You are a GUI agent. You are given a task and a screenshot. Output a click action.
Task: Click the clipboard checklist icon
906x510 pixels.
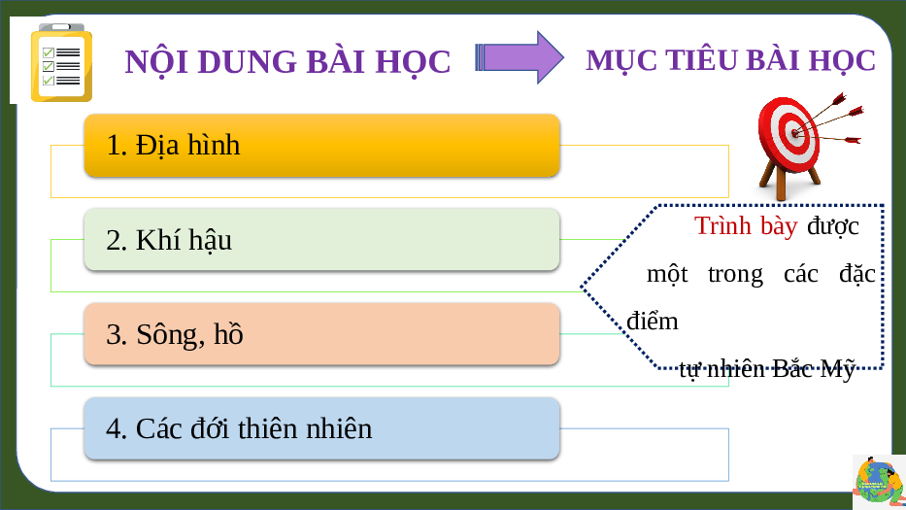[61, 62]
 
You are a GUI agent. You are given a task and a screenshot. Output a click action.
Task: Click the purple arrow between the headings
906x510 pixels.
[519, 57]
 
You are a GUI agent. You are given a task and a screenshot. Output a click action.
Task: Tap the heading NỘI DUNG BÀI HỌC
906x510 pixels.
[287, 62]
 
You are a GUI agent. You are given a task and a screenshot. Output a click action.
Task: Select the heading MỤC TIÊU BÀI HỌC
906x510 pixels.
[730, 60]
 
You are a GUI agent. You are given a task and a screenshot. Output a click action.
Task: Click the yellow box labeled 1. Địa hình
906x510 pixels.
[321, 145]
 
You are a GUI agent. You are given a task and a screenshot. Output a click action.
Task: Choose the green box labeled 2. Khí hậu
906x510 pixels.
[321, 239]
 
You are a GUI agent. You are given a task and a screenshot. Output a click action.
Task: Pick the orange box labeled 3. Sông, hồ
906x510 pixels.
[321, 333]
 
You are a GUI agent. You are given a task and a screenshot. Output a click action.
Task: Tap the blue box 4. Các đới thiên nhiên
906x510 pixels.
[321, 428]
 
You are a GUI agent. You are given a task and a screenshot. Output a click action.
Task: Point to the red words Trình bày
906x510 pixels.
[746, 226]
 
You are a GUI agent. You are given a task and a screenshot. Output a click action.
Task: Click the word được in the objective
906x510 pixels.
[833, 226]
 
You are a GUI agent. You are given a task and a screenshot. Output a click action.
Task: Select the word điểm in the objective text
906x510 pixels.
[653, 321]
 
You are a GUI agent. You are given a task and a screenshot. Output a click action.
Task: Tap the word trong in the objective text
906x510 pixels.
[735, 275]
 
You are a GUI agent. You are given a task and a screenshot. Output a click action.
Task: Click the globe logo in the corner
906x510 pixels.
[878, 481]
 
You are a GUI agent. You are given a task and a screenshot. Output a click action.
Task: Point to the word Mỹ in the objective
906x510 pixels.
[837, 368]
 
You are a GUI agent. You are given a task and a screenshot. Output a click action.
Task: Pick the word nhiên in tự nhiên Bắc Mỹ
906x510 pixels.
[735, 368]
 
